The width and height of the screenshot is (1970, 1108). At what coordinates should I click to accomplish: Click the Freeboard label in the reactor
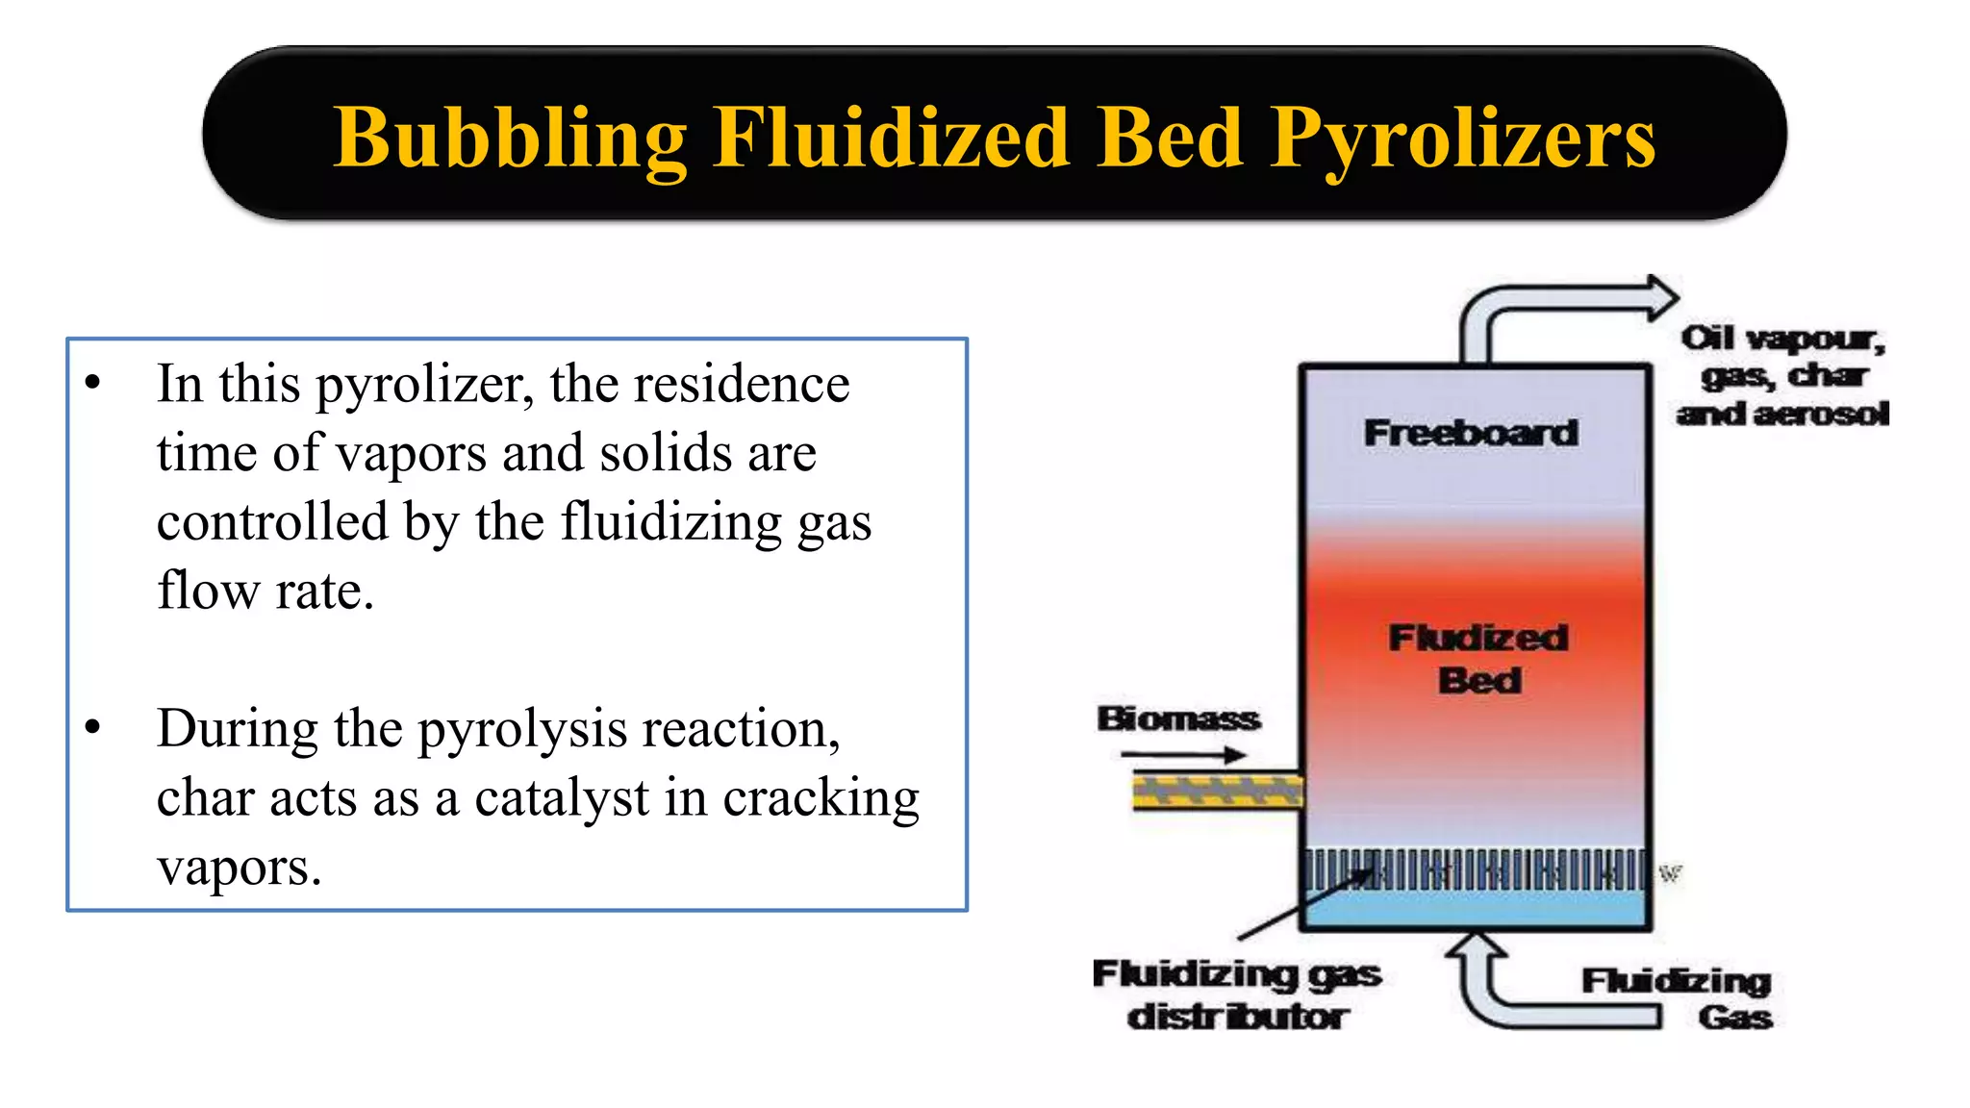point(1471,433)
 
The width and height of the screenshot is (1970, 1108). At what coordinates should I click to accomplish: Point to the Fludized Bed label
point(1478,659)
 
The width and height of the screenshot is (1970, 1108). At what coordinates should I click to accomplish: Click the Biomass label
point(1178,718)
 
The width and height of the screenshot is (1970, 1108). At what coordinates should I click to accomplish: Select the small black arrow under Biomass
point(1183,755)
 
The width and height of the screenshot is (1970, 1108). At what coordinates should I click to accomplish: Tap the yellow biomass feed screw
point(1218,792)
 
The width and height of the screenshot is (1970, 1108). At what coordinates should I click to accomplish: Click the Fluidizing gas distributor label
point(1237,995)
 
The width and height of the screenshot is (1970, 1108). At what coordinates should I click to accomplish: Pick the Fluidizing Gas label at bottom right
point(1678,998)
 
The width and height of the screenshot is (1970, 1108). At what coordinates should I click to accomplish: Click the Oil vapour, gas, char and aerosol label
point(1782,375)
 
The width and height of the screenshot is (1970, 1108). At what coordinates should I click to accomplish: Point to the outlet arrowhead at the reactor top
point(1662,297)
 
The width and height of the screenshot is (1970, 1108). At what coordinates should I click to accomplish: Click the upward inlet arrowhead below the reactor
point(1477,946)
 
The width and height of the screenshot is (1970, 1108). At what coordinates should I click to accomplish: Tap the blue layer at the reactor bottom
point(1476,908)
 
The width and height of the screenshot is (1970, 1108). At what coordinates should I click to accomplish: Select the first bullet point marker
point(92,383)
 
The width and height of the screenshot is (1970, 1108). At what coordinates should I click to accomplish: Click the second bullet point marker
point(92,728)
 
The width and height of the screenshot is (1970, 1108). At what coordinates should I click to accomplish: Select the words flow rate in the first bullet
point(265,590)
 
